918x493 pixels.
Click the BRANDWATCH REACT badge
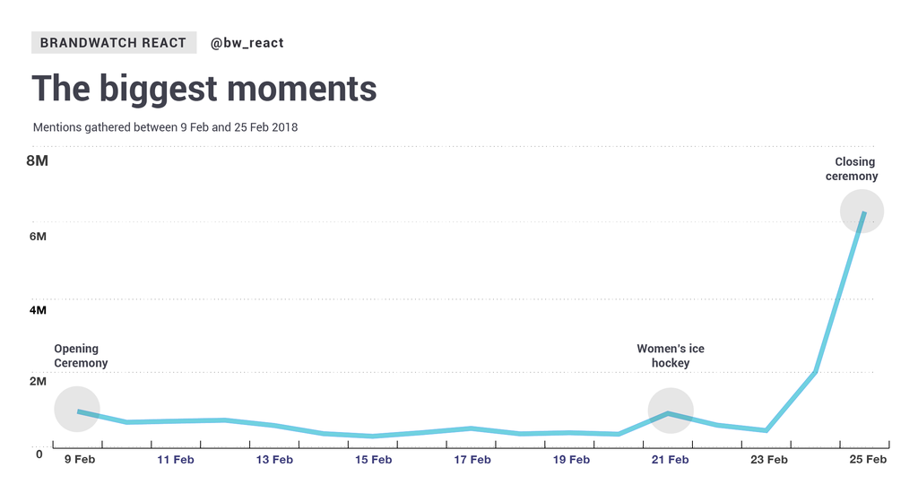click(x=113, y=42)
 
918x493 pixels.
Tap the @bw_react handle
click(x=247, y=42)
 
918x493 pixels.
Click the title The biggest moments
click(x=204, y=90)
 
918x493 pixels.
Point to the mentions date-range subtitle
click(x=165, y=127)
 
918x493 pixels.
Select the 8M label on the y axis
click(x=37, y=161)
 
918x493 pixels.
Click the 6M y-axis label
click(x=37, y=236)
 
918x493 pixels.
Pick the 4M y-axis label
click(x=37, y=310)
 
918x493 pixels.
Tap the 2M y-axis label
click(x=37, y=382)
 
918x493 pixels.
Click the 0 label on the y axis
click(x=39, y=454)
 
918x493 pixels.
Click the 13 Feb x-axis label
click(x=274, y=461)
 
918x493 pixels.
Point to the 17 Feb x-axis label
click(x=472, y=461)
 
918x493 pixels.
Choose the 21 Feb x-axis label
click(x=670, y=461)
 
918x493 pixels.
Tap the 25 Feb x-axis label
click(x=867, y=461)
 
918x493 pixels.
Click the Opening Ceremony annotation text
click(x=81, y=356)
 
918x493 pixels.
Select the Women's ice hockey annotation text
click(x=671, y=356)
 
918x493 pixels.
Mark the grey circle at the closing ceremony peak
click(x=862, y=212)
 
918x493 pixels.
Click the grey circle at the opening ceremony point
click(x=77, y=409)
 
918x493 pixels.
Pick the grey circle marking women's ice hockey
click(x=671, y=411)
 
